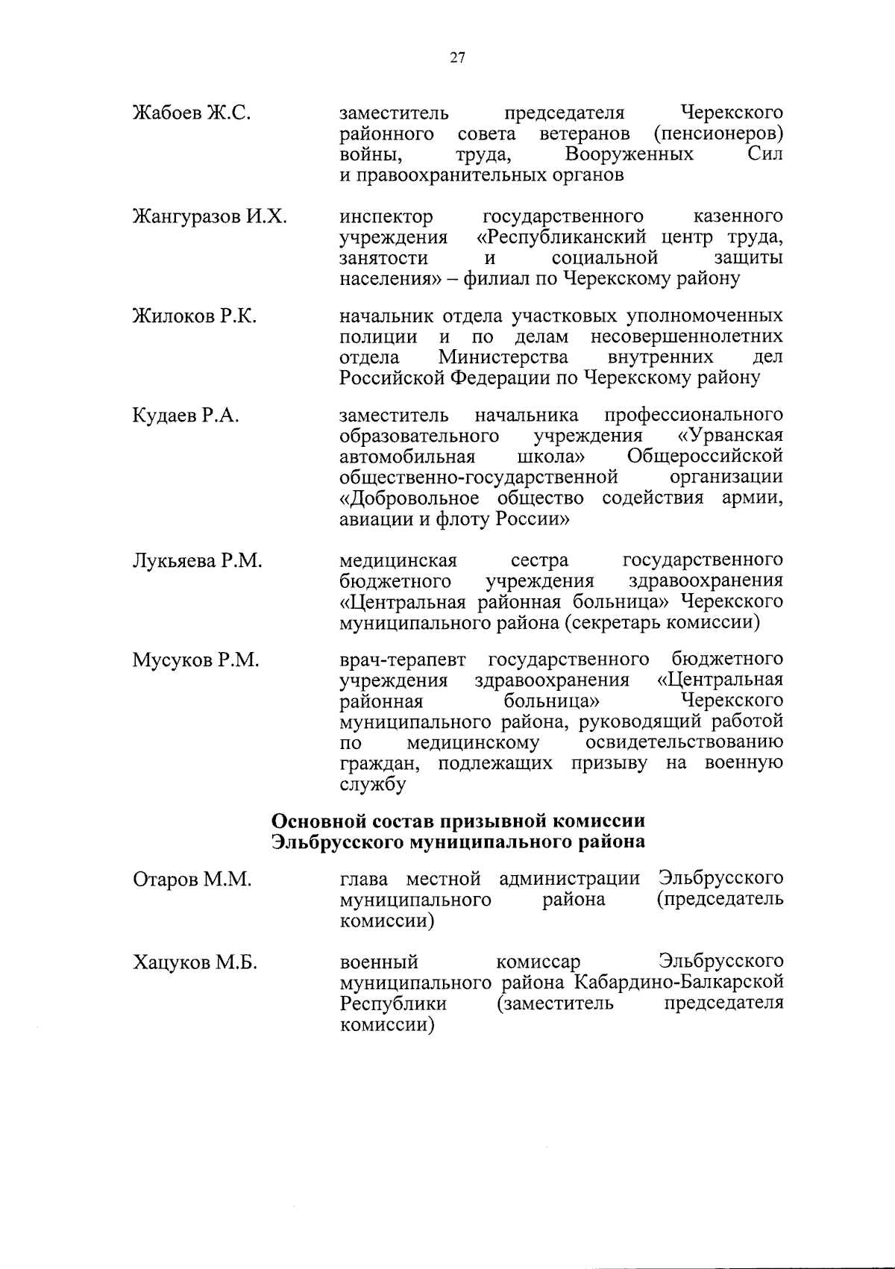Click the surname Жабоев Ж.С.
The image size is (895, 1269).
tap(191, 113)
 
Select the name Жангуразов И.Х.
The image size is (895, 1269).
tap(210, 217)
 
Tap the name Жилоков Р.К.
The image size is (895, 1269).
tap(195, 316)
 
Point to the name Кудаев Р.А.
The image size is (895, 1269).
tap(186, 416)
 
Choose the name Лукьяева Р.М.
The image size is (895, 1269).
tap(198, 561)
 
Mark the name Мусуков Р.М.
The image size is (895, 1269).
tap(196, 660)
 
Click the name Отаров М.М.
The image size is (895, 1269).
tap(192, 880)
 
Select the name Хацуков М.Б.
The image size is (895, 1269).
tap(195, 963)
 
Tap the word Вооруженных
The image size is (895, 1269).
tap(629, 154)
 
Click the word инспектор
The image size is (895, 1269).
tap(386, 217)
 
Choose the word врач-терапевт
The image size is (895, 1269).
tap(403, 660)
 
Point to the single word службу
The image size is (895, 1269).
tap(373, 785)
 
